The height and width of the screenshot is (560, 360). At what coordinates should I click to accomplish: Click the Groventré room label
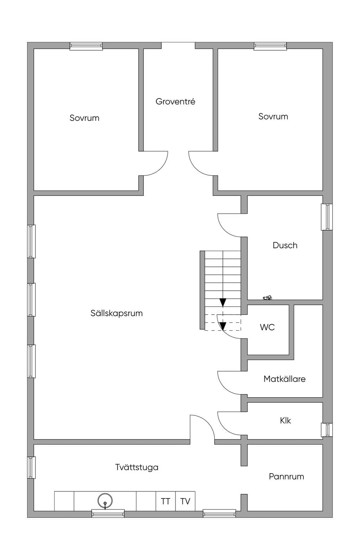pyautogui.click(x=175, y=102)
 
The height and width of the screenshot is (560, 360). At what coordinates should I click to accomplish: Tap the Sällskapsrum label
pyautogui.click(x=116, y=313)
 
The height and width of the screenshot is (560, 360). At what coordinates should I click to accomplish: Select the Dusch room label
pyautogui.click(x=285, y=245)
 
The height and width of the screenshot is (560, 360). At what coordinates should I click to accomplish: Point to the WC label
pyautogui.click(x=267, y=327)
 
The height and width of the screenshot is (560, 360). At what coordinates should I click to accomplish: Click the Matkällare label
pyautogui.click(x=284, y=379)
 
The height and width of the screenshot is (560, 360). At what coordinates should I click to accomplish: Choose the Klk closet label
pyautogui.click(x=285, y=420)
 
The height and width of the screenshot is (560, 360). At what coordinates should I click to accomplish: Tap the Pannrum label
pyautogui.click(x=287, y=476)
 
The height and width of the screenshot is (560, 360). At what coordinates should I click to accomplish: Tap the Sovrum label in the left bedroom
pyautogui.click(x=84, y=118)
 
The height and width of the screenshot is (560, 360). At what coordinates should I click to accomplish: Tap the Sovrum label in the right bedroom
pyautogui.click(x=273, y=116)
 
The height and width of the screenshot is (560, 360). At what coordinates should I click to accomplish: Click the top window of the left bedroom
pyautogui.click(x=86, y=46)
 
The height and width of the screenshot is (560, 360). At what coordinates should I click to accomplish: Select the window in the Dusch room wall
pyautogui.click(x=327, y=217)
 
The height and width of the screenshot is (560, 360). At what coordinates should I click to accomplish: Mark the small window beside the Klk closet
pyautogui.click(x=327, y=430)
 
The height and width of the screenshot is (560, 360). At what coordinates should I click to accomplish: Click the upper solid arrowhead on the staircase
pyautogui.click(x=223, y=303)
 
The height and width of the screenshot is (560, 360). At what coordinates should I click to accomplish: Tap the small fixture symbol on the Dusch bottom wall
pyautogui.click(x=267, y=297)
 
